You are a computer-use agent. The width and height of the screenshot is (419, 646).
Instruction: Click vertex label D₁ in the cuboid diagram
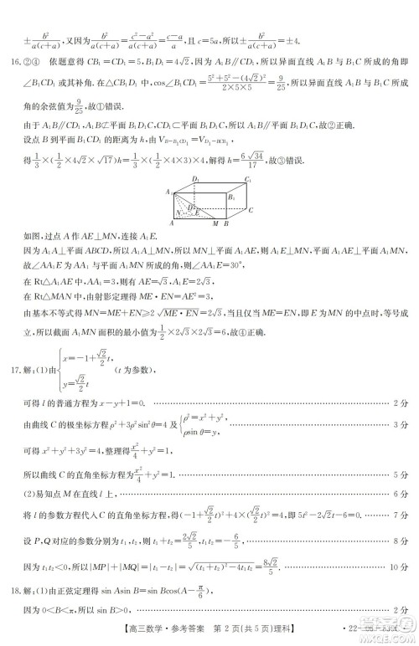[194, 179]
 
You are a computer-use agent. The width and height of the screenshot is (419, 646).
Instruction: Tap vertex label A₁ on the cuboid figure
[168, 192]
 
